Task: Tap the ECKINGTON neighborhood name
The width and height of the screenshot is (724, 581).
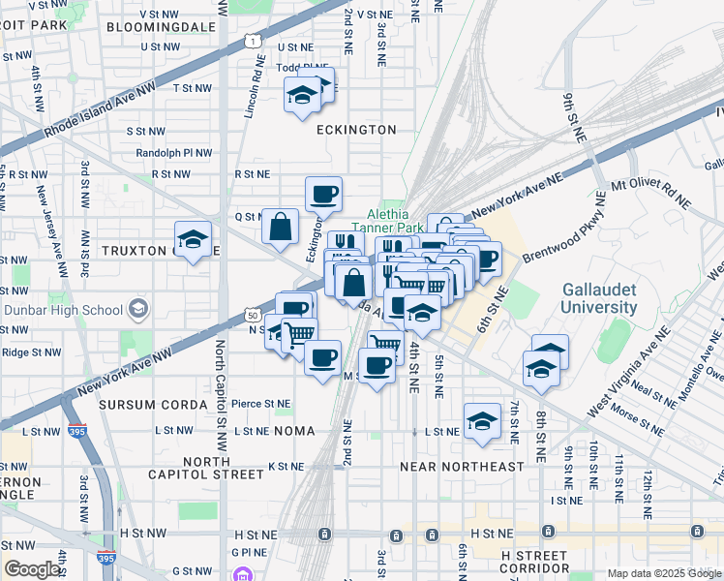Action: (355, 130)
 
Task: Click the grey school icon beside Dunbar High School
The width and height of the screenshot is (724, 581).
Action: (137, 310)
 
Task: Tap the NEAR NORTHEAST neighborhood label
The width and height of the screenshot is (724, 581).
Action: (462, 467)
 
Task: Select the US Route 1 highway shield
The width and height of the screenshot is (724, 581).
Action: (252, 41)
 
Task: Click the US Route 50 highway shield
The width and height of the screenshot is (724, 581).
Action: (252, 316)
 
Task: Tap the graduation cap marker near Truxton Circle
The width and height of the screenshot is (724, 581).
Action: (193, 240)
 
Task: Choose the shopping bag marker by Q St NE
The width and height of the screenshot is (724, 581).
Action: (280, 229)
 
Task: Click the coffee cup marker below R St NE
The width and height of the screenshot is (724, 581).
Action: (323, 194)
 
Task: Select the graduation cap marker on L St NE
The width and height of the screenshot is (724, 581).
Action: (482, 422)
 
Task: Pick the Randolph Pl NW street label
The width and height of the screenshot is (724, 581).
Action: (173, 153)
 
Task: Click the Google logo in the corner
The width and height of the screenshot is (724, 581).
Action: (33, 569)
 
